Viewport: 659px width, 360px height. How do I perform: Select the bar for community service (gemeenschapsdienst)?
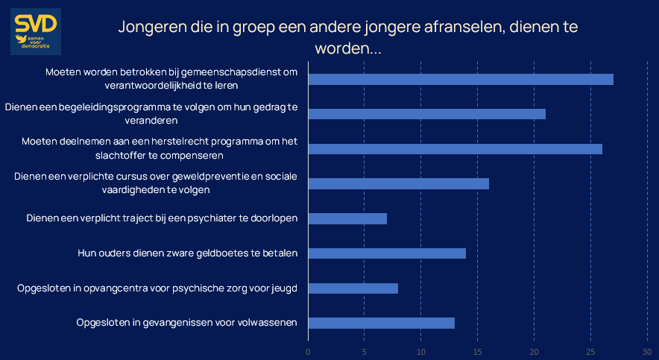tap(461, 80)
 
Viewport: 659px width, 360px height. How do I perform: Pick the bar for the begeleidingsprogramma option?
tap(426, 114)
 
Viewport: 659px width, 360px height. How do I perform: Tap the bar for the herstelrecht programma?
tap(455, 149)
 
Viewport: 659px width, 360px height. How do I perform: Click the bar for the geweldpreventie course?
tap(398, 183)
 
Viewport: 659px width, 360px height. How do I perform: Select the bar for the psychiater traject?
tap(347, 218)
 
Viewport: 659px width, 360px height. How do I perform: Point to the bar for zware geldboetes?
tap(387, 253)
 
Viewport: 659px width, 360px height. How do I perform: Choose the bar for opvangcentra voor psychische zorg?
tap(353, 288)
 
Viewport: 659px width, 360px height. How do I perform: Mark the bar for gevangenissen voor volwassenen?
tap(381, 323)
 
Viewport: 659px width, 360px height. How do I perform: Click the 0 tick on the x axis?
tap(308, 351)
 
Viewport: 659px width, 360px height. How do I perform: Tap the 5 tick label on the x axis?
tap(365, 351)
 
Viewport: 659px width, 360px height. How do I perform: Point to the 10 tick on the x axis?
tap(421, 351)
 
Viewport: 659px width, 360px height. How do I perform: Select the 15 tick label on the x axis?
tap(478, 351)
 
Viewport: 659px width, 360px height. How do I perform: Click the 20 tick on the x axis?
tap(535, 351)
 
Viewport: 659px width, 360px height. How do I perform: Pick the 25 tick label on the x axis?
tap(590, 351)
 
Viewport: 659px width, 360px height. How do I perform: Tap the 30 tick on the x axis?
tap(647, 351)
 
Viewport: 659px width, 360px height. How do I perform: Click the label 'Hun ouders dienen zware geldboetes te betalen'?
tap(188, 253)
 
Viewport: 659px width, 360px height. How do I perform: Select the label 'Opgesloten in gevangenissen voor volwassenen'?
tap(187, 323)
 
